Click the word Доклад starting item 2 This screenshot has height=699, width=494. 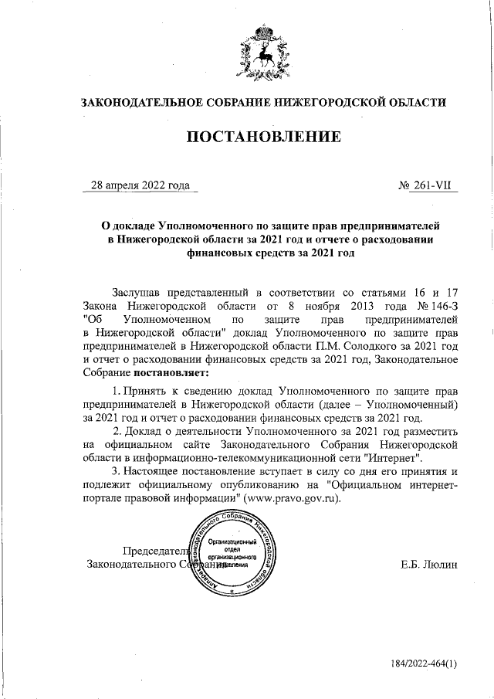tap(148, 431)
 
